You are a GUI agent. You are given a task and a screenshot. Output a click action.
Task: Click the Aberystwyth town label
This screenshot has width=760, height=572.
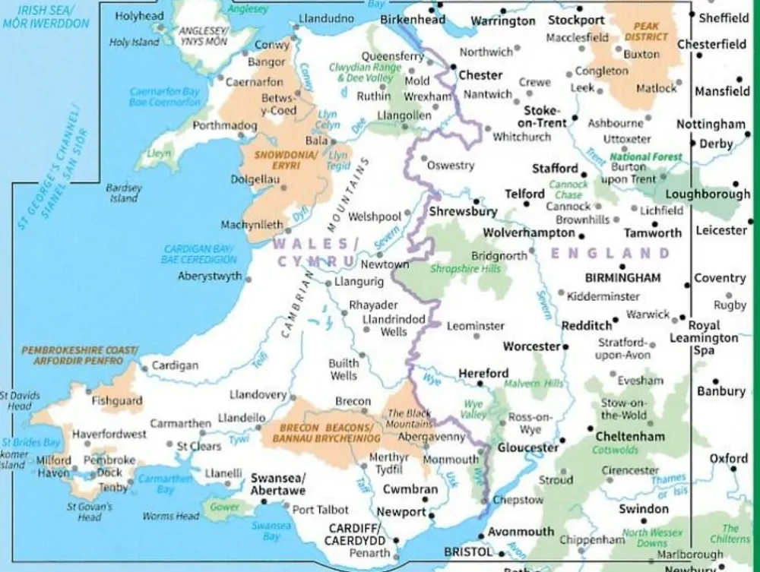point(210,277)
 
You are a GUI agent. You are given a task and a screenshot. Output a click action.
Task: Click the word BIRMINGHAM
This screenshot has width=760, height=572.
point(622,278)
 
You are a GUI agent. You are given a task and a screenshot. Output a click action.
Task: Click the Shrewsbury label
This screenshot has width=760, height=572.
point(463,212)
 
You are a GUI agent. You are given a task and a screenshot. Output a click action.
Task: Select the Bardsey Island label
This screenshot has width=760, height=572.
point(124,193)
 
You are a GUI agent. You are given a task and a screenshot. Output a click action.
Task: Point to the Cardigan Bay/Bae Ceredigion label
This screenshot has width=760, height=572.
point(199,254)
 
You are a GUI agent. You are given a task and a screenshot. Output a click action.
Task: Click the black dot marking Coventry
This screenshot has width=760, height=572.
point(687,285)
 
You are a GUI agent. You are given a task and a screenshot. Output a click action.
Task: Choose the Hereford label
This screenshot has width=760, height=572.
point(483,374)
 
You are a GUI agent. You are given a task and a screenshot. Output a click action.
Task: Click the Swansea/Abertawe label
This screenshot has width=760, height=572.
point(278,484)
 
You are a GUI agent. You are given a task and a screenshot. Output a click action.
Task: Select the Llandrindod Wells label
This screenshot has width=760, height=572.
point(394,325)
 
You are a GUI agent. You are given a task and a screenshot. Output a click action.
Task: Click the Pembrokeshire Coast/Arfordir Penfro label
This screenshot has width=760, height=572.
point(79,355)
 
